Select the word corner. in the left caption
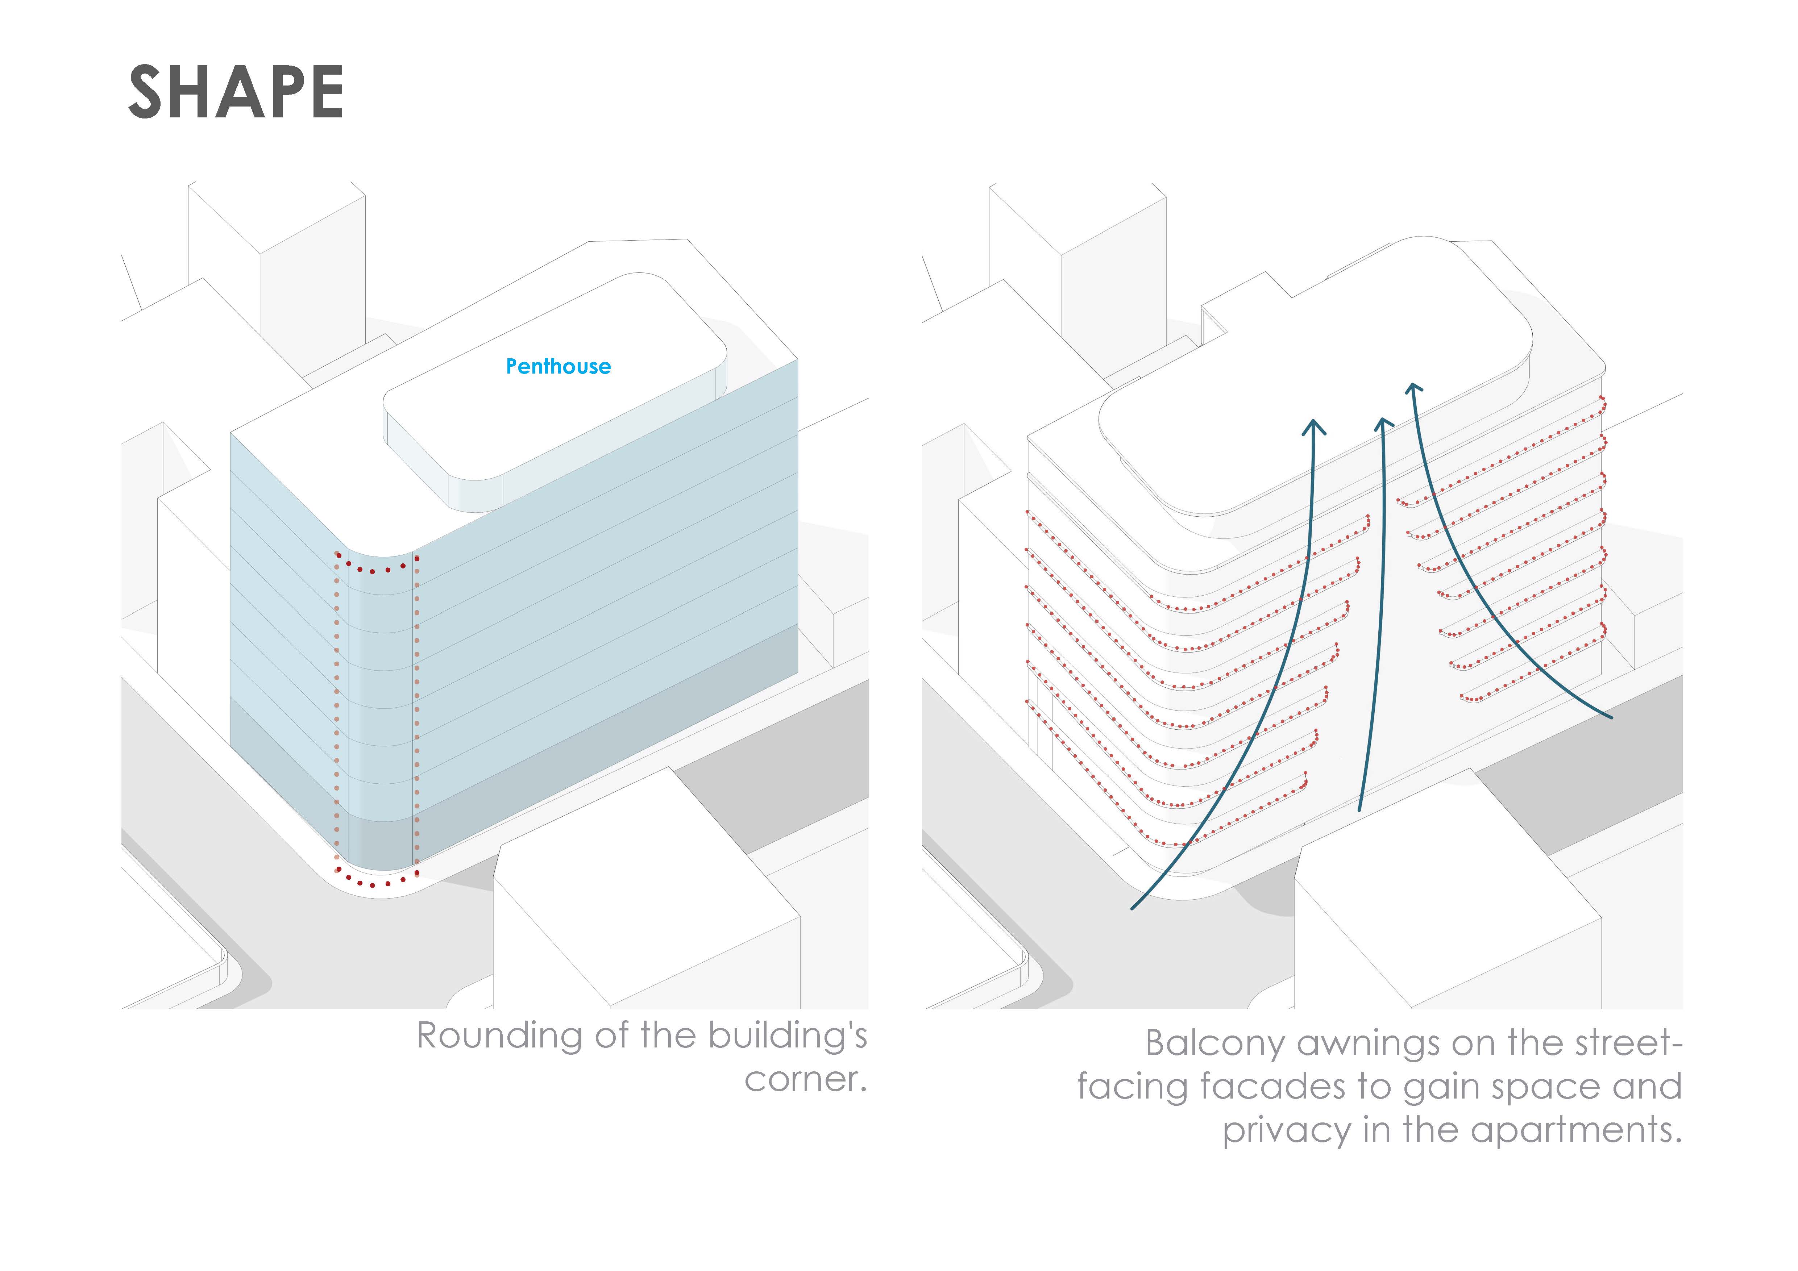tap(806, 1079)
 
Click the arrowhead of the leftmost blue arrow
tap(1313, 426)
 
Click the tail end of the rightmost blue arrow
tap(1612, 717)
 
